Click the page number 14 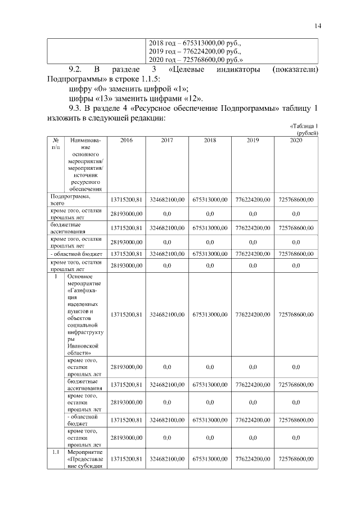[318, 25]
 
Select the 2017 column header [167, 140]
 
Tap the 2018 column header [210, 140]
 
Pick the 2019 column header [253, 140]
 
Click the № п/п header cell [56, 143]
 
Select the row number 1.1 [56, 451]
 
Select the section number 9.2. [75, 70]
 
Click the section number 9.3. [75, 108]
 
